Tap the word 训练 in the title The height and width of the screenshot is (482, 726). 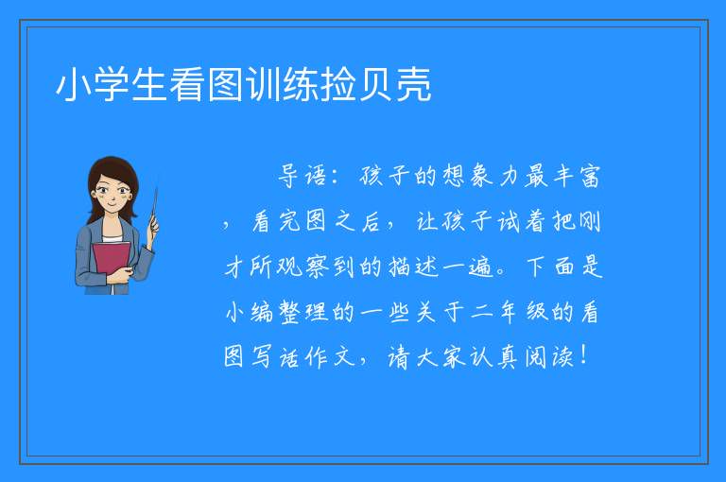[x=282, y=85]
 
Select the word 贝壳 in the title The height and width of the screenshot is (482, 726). [x=394, y=85]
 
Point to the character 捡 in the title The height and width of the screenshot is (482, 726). [x=338, y=85]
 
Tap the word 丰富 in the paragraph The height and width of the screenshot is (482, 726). [x=578, y=176]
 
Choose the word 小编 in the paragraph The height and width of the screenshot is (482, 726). [x=250, y=312]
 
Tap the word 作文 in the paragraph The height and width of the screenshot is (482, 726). [x=330, y=356]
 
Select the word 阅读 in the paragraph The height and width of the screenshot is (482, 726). [x=549, y=356]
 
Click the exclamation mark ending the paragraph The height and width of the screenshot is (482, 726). [x=583, y=355]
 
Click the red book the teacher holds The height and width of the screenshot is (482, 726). [x=112, y=261]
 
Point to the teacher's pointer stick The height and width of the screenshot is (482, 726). [x=154, y=207]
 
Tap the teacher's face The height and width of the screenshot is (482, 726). [x=112, y=195]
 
